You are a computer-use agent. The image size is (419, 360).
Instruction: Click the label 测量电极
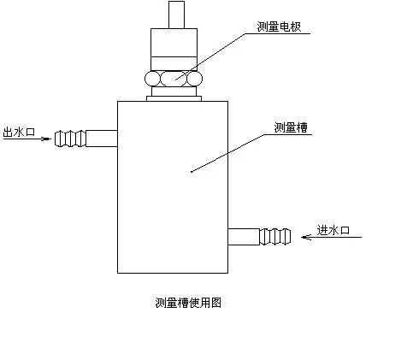point(279,27)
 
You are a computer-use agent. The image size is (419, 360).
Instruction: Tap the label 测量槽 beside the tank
point(291,127)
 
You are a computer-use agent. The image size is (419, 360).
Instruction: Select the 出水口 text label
point(19,132)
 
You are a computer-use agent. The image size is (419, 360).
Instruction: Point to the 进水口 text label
point(333,230)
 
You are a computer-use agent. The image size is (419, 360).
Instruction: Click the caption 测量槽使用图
point(188,303)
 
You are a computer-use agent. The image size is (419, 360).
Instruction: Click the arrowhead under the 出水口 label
point(46,139)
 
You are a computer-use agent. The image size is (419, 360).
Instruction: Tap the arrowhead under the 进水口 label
point(306,237)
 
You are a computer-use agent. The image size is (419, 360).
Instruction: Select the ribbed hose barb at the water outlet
point(70,139)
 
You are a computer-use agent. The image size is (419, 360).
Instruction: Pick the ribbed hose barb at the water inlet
point(275,237)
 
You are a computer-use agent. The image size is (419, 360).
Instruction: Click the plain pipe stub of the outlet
point(102,139)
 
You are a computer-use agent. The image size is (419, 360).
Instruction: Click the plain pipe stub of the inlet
point(244,237)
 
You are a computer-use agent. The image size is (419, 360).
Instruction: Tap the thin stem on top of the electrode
point(176,15)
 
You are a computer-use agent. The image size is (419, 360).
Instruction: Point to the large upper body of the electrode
point(174,43)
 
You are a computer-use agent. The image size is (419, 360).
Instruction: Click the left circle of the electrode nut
point(152,79)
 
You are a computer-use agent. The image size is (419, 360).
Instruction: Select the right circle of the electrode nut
point(195,79)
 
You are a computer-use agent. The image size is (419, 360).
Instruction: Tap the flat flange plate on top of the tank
point(174,98)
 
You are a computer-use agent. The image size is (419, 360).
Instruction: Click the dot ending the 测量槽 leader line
point(192,172)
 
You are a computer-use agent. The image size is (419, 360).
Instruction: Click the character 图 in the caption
point(216,303)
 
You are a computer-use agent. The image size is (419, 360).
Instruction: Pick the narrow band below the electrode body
point(174,64)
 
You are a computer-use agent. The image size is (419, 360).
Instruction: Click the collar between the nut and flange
point(174,91)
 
